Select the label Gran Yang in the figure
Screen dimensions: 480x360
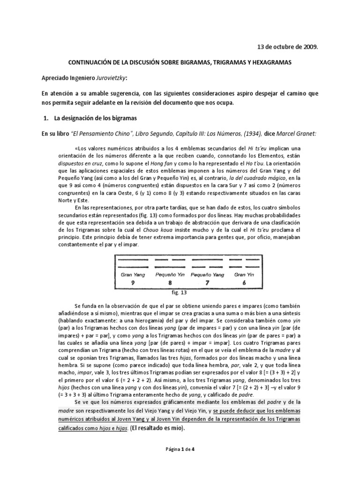[x=133, y=275]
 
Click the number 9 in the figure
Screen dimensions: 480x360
[x=133, y=283]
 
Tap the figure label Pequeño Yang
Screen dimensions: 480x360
[x=208, y=275]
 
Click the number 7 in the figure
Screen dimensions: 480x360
[x=208, y=283]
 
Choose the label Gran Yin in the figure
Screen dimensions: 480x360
[x=244, y=275]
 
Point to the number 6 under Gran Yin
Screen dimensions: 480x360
[x=244, y=283]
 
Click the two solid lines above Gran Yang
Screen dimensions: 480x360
[x=133, y=263]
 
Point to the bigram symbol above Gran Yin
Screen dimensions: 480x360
[x=244, y=263]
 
